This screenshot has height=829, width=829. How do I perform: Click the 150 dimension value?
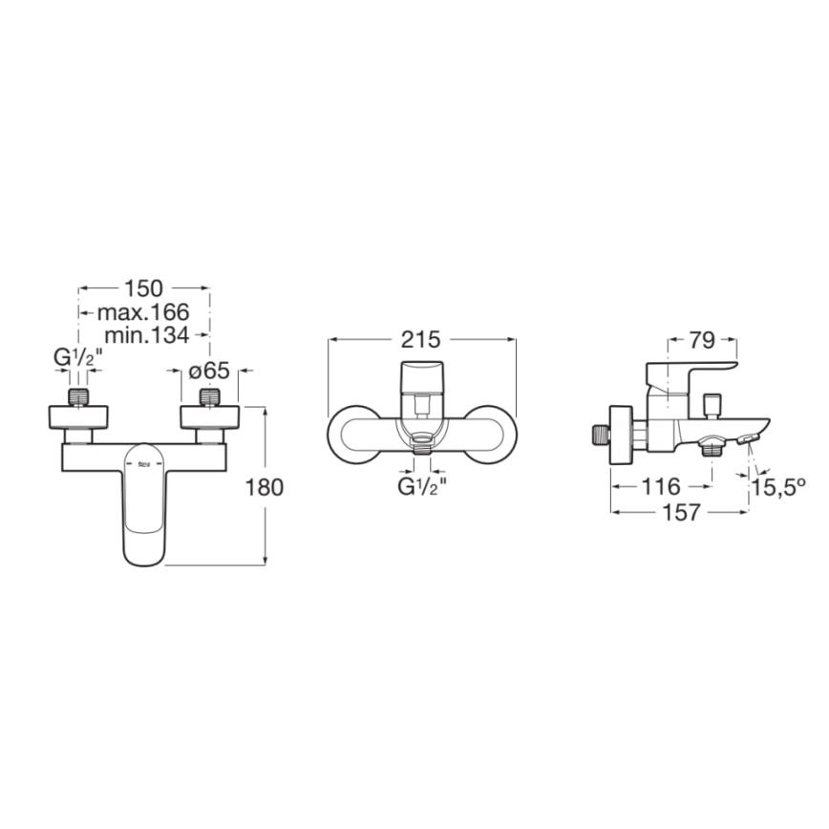point(144,288)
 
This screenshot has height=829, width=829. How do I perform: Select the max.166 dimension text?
point(143,312)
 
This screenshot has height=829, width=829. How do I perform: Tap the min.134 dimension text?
point(146,335)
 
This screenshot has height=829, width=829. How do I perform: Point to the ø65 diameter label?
point(209,371)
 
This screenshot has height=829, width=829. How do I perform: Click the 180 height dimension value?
point(265,487)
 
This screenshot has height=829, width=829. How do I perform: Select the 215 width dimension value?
point(421,340)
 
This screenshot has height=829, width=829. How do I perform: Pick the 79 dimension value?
point(702,340)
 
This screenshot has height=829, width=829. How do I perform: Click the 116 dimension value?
point(660,486)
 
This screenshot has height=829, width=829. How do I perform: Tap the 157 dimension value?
point(681,512)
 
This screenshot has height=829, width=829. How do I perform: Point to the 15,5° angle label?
point(778,487)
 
